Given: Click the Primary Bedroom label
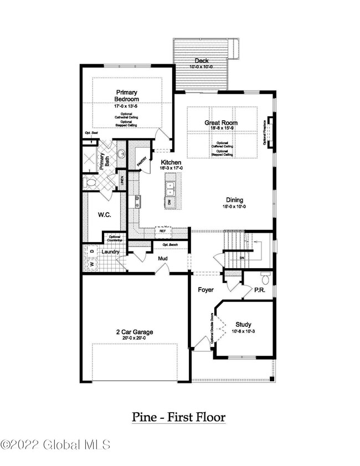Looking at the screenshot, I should (x=127, y=95).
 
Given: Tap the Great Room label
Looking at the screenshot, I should (x=221, y=123).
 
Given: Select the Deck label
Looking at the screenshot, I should (x=202, y=60).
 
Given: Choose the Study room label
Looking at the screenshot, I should (x=244, y=325).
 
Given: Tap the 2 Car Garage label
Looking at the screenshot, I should (x=135, y=332).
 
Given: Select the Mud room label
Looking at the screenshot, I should (x=163, y=259).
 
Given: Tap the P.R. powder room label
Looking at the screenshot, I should (x=259, y=289).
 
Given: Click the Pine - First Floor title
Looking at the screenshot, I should (x=178, y=417).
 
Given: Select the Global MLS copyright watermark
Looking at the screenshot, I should (x=55, y=444).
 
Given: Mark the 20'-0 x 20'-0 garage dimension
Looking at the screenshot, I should (x=135, y=339).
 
